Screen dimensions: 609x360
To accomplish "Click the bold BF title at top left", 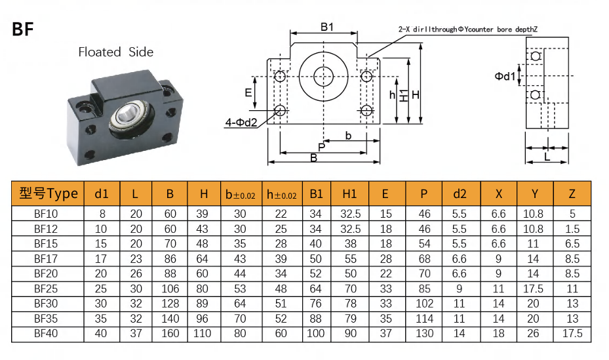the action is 22,29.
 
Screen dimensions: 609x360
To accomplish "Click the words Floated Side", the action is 116,52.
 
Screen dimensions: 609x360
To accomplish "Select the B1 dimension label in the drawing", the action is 327,27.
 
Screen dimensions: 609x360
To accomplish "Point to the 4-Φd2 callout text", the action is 241,123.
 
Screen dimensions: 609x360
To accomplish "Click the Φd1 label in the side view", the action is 505,76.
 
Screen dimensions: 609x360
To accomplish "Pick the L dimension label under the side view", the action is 547,157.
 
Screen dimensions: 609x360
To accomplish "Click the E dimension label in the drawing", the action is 248,92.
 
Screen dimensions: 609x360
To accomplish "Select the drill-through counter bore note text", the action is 468,30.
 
